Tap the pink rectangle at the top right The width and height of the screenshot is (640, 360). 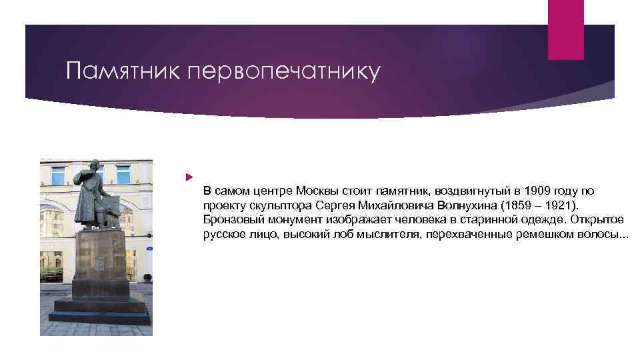click(x=565, y=29)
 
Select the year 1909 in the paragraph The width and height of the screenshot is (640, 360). click(x=536, y=191)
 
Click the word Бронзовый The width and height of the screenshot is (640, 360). click(x=231, y=220)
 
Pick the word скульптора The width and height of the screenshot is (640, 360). click(x=281, y=205)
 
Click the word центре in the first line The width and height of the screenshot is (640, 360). click(x=273, y=191)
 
